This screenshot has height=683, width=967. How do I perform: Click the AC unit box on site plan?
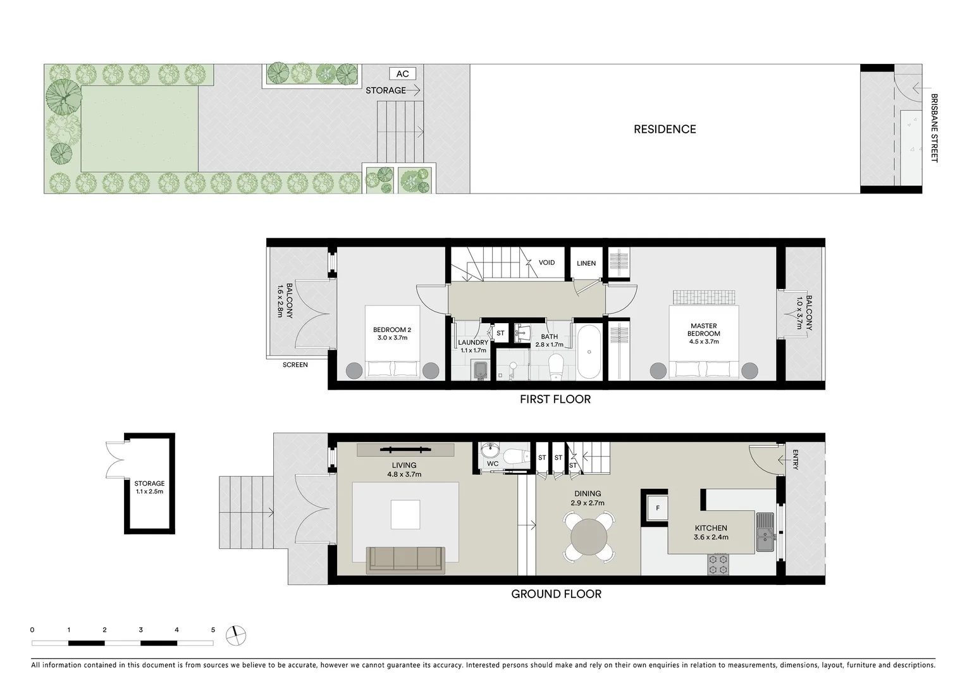[402, 74]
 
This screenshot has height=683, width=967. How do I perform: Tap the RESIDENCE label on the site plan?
[665, 129]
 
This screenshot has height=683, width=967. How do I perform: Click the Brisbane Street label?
[934, 128]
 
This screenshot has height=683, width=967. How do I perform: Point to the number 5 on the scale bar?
[213, 630]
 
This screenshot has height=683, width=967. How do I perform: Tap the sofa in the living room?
[405, 559]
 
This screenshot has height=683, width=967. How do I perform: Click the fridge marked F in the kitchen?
[657, 507]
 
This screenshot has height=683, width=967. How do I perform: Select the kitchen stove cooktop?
[718, 564]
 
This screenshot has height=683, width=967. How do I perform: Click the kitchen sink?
[766, 532]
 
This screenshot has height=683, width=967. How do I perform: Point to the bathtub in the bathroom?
[589, 352]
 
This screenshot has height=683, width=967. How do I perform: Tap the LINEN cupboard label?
[586, 263]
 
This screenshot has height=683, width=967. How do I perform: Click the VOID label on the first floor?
[546, 262]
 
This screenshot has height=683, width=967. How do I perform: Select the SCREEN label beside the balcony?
[295, 365]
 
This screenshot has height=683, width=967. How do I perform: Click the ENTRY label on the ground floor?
[795, 460]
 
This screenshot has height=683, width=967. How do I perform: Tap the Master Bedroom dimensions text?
[704, 341]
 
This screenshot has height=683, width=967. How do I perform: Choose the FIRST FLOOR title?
[555, 399]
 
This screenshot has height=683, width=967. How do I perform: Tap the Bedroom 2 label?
[392, 329]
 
